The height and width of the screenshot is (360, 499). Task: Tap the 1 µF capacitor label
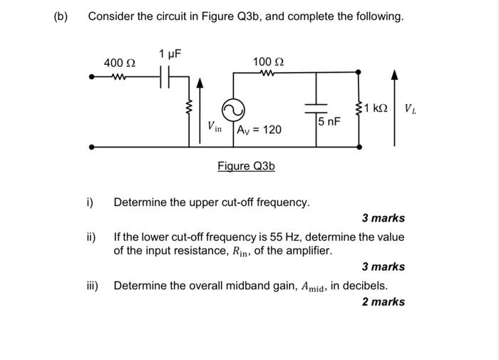(x=170, y=53)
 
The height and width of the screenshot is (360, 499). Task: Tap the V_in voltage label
(x=215, y=128)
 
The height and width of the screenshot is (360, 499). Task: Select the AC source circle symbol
(x=232, y=110)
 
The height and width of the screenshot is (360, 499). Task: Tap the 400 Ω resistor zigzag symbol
(x=118, y=76)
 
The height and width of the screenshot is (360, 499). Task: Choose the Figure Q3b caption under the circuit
(x=246, y=166)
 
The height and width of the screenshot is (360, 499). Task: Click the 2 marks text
(x=383, y=302)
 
